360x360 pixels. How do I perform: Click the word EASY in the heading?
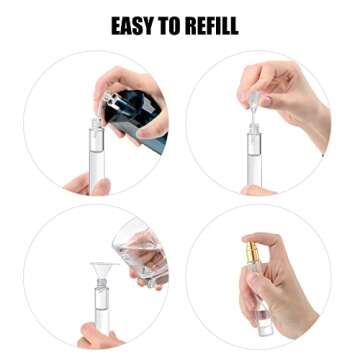click(x=137, y=25)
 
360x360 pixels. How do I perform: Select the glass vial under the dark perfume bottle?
click(x=100, y=160)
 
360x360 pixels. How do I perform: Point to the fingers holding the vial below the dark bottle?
click(x=78, y=183)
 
